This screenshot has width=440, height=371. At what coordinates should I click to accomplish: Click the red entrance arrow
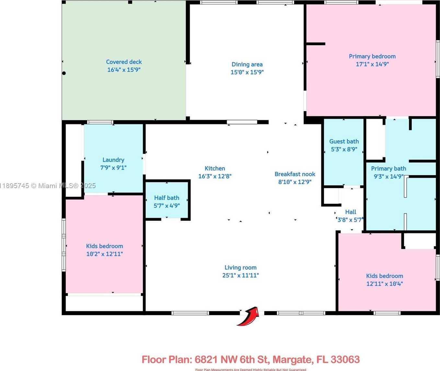point(249,316)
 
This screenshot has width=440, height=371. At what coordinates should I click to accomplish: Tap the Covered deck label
point(124,62)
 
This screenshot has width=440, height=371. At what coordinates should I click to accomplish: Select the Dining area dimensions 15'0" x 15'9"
point(247,72)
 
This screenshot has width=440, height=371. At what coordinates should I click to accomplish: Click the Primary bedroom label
point(372,56)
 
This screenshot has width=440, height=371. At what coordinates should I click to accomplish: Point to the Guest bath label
point(344,141)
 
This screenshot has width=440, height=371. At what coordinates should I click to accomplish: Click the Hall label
point(351,212)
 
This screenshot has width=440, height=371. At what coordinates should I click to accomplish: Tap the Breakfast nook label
point(295,174)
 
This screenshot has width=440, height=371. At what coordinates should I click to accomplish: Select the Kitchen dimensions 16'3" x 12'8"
point(214,176)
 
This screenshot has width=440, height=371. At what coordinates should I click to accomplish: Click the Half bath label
point(167,198)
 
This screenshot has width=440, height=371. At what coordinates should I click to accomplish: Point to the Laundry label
point(113,160)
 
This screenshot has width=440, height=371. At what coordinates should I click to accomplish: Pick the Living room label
point(240,268)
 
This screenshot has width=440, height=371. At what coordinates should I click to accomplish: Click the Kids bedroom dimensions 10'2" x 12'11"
point(104,254)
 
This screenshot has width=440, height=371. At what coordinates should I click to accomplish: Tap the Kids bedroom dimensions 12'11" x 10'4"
point(385,284)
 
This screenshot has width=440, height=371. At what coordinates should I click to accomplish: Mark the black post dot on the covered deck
point(64,73)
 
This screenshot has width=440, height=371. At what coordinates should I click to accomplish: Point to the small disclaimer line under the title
point(250,369)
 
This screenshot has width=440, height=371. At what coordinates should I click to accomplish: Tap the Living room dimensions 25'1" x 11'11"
point(240,275)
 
